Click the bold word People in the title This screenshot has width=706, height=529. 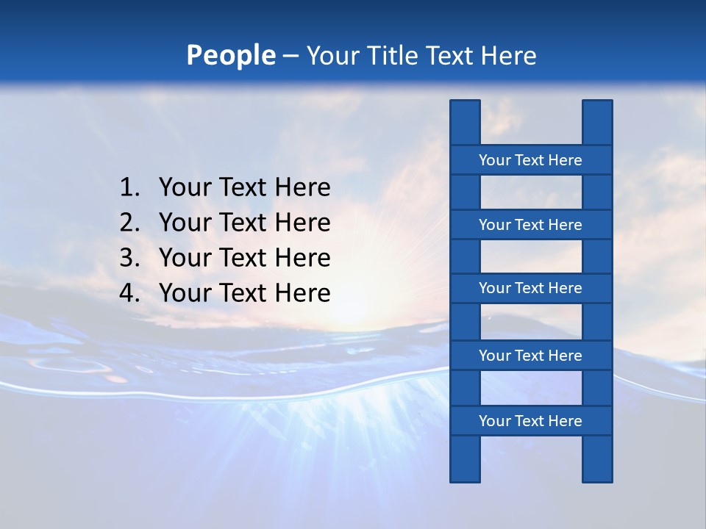click(x=230, y=55)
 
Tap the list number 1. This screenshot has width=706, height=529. click(x=128, y=188)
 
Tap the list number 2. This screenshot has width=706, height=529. click(x=128, y=223)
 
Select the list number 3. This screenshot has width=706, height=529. click(x=128, y=258)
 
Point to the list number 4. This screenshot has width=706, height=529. click(x=128, y=293)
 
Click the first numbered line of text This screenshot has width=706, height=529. click(x=244, y=188)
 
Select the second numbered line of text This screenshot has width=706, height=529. click(x=244, y=223)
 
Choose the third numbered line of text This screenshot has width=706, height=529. click(x=244, y=258)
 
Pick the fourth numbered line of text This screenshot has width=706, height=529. click(x=244, y=293)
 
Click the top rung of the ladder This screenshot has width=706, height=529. click(x=530, y=160)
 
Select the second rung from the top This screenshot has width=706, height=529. click(x=530, y=225)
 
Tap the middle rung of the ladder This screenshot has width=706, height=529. click(x=530, y=288)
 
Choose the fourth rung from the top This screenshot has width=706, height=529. click(x=530, y=356)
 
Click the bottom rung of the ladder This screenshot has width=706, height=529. click(x=530, y=421)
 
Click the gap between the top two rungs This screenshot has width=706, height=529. click(x=531, y=192)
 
